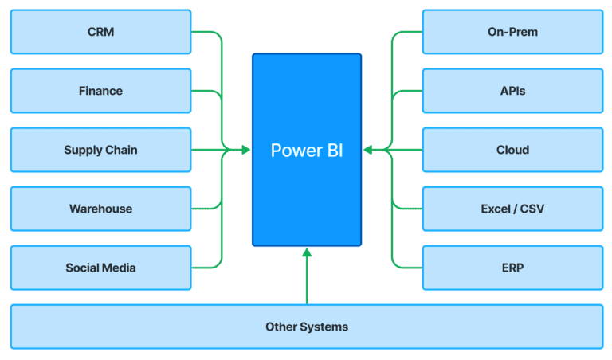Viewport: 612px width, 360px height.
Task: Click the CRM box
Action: [x=100, y=32]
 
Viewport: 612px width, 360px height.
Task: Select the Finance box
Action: [x=100, y=91]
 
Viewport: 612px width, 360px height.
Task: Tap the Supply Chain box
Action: [x=100, y=150]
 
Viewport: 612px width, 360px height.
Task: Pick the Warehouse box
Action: [x=100, y=209]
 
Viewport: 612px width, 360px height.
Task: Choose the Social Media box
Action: [x=100, y=268]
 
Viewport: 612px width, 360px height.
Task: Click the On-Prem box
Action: [x=512, y=32]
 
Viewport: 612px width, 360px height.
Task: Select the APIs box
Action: [x=512, y=91]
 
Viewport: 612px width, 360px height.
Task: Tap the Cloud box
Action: [x=512, y=150]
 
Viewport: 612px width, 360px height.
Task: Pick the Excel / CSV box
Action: [x=512, y=209]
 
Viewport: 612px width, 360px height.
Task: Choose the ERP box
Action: [x=512, y=268]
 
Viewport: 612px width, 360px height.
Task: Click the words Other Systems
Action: [x=307, y=327]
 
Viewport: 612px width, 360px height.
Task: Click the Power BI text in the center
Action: [x=307, y=150]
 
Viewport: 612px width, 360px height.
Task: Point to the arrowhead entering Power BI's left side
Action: [x=246, y=150]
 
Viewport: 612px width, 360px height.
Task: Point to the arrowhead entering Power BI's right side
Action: [x=368, y=150]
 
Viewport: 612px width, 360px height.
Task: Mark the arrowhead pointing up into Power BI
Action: [x=307, y=253]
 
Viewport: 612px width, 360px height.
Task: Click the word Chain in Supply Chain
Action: [x=120, y=150]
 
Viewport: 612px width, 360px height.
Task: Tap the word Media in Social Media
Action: [x=120, y=268]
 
